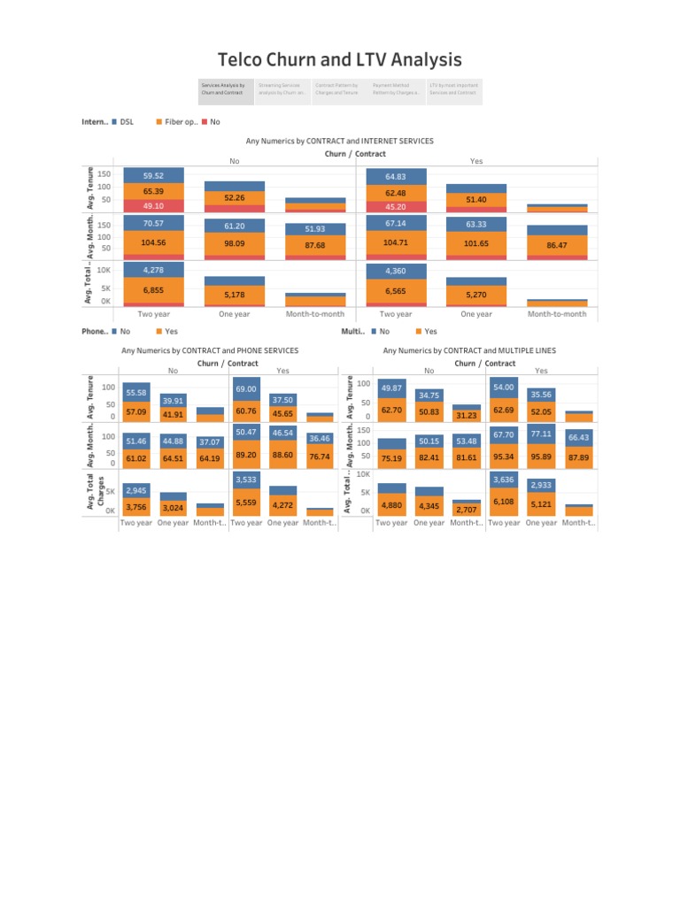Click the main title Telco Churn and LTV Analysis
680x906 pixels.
coord(340,60)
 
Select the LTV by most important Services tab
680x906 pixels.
coord(453,89)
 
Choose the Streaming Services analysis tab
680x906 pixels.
coord(282,89)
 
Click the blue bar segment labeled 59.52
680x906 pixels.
coord(154,175)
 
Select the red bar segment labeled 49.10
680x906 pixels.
coord(154,206)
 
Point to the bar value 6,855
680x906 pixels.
coord(154,290)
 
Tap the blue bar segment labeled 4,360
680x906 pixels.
coord(396,270)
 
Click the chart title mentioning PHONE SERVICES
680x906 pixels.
coord(209,351)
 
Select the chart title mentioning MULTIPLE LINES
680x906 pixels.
coord(469,351)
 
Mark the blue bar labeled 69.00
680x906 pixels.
coord(245,388)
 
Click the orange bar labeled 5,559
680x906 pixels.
coord(245,503)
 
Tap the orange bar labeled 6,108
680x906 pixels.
coord(504,502)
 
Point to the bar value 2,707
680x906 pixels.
coord(466,510)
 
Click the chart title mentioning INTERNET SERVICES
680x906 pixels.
coord(339,141)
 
